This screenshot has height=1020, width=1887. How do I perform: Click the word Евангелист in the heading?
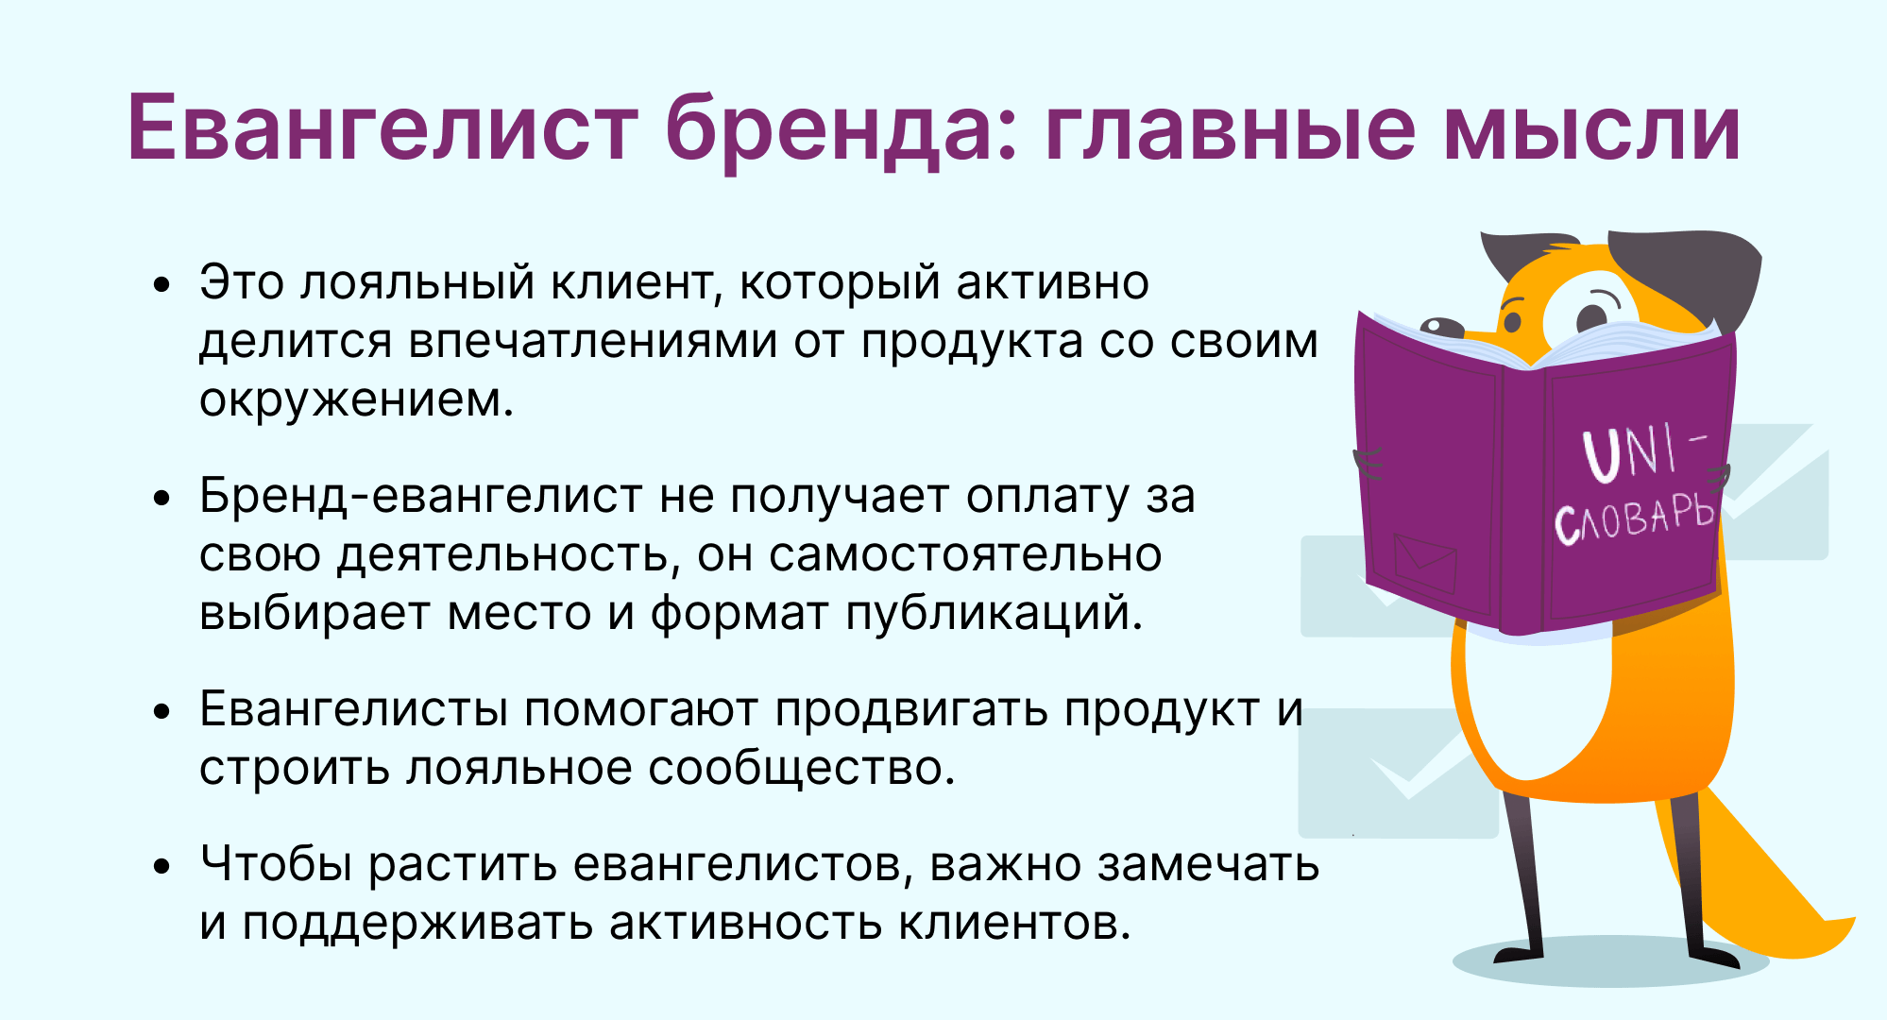pos(383,127)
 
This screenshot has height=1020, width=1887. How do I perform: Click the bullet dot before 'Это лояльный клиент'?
pos(162,283)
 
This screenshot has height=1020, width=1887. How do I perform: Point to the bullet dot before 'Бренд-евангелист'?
pos(162,497)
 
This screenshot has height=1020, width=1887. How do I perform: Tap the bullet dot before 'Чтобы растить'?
pos(162,865)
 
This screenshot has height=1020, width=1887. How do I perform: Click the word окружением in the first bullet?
pos(356,400)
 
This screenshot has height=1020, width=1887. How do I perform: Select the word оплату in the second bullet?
pos(1047,497)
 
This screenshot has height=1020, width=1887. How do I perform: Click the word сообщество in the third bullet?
pos(802,768)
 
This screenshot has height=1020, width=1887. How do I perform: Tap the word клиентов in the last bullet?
pos(1014,923)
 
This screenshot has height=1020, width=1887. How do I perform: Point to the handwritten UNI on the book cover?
pos(1632,452)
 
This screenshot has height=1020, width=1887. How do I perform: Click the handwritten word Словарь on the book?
pos(1633,517)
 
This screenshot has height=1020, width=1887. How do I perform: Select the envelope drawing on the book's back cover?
pos(1424,562)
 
